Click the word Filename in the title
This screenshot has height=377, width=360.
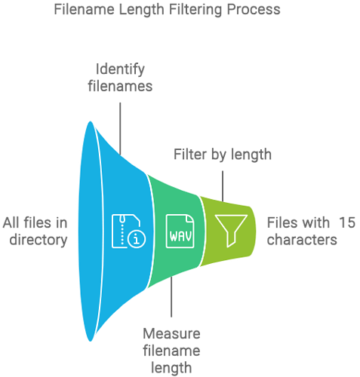tap(85, 10)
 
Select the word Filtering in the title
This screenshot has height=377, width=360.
tap(196, 10)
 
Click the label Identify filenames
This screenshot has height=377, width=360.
tap(120, 78)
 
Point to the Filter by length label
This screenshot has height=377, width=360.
tap(223, 155)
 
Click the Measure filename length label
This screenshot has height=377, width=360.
tap(171, 351)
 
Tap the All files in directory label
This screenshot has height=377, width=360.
tap(35, 231)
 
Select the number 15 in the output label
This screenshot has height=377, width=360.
tap(347, 222)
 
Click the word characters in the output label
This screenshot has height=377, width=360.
tap(302, 240)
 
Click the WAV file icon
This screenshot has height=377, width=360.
tap(180, 231)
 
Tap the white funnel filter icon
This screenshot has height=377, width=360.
tap(231, 231)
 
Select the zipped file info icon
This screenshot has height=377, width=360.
tap(128, 231)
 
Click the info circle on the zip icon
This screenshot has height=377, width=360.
tap(137, 239)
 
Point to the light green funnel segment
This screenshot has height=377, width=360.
tap(228, 231)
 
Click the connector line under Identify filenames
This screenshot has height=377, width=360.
tap(120, 129)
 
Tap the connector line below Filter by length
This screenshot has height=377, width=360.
tap(223, 186)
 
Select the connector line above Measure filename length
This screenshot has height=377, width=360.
tap(171, 296)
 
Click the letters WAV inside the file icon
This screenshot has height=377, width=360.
tap(180, 236)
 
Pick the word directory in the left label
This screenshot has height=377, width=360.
tap(38, 240)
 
